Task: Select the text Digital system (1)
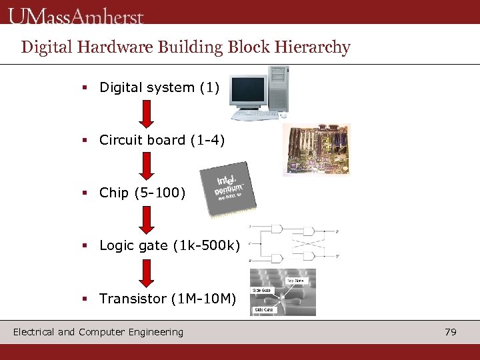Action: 159,87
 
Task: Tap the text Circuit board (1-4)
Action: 162,140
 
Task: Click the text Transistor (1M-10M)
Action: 167,299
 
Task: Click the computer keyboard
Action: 255,115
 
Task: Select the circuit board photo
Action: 316,150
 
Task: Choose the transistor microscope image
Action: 283,292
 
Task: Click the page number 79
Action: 451,332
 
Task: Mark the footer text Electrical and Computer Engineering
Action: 98,332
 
